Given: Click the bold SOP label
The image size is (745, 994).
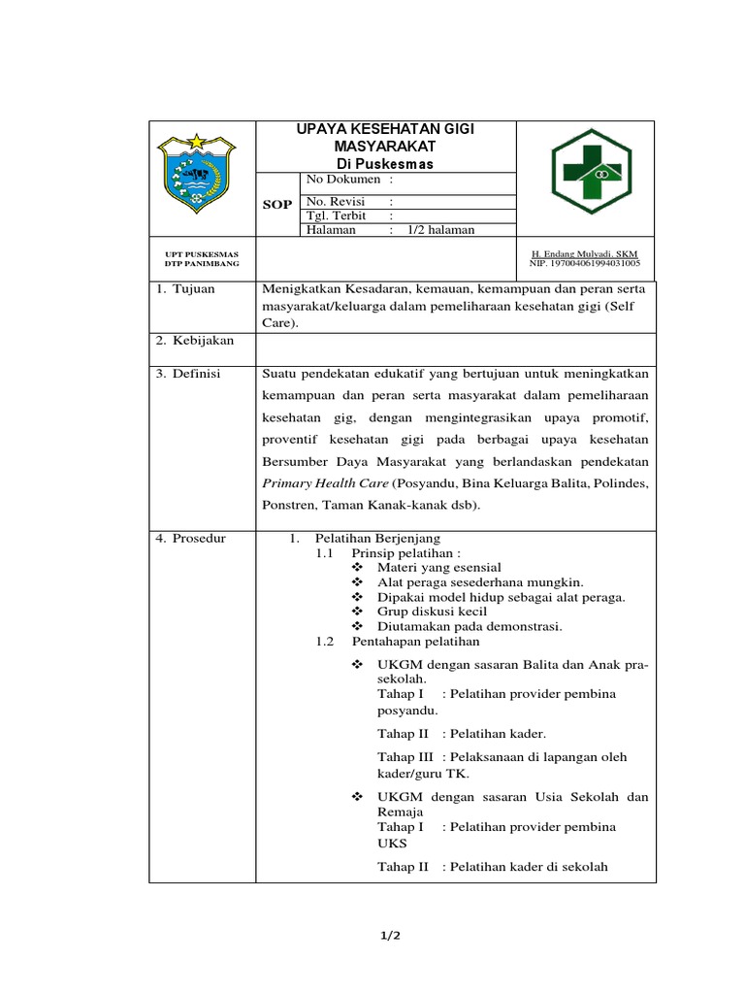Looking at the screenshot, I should pos(277,205).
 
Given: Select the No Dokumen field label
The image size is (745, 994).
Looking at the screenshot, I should pos(343,180).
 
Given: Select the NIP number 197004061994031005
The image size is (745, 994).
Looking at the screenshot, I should pos(585,263).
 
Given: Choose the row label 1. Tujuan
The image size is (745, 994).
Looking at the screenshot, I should pos(186,289).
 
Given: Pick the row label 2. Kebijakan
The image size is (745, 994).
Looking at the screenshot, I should pos(194,341).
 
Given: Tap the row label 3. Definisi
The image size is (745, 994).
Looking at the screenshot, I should pos(189,374).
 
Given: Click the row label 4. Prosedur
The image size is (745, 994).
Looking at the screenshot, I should pos(191,538).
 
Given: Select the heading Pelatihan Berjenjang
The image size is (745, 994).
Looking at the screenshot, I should pos(378,538).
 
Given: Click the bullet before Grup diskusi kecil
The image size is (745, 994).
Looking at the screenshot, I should pos(356,612).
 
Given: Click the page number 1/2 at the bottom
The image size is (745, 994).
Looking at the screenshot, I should pos(390,936).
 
